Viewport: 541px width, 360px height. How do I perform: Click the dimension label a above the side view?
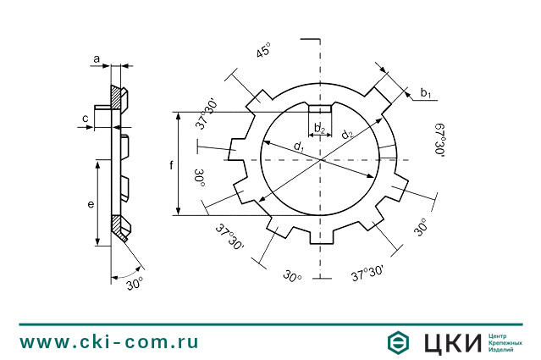[97, 58]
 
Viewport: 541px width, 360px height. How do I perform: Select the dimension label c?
[86, 119]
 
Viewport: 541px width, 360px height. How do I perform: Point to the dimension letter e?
[90, 205]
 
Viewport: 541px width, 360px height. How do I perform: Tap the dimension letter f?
[171, 164]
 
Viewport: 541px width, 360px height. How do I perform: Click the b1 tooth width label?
[426, 93]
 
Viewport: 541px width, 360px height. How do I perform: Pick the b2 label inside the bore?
[319, 129]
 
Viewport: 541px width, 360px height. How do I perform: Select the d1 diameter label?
[299, 147]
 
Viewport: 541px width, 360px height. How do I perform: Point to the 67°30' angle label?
[439, 139]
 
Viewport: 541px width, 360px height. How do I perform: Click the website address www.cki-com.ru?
[109, 342]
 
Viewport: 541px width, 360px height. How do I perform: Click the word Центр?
[500, 335]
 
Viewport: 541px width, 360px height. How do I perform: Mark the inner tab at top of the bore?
[320, 108]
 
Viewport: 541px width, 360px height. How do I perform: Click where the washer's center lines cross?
[320, 158]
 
